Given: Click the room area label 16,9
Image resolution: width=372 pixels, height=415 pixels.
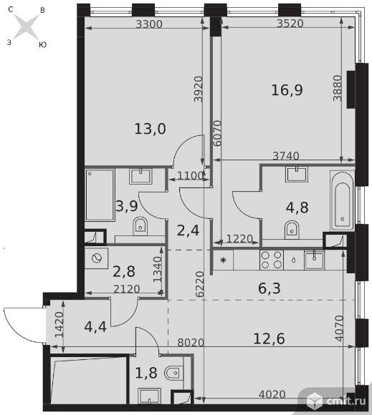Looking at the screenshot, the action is (287, 90).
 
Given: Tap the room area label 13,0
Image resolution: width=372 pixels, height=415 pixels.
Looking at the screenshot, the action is (150, 129).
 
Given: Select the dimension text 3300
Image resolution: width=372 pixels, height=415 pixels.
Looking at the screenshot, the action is (149, 24).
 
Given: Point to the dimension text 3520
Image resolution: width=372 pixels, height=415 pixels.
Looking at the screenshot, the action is (290, 24).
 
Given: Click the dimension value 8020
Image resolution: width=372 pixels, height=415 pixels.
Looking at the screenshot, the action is (191, 343).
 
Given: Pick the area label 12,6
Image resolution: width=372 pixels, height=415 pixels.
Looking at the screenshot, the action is (269, 338).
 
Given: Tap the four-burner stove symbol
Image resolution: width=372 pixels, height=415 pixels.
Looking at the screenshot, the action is (271, 260).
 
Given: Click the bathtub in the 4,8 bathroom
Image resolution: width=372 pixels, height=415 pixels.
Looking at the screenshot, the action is (343, 200).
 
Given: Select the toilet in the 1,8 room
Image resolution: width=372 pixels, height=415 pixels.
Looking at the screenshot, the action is (174, 373).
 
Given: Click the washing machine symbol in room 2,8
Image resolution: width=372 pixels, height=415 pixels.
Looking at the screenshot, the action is (97, 258).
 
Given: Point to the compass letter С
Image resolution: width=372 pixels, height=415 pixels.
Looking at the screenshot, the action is (11, 9).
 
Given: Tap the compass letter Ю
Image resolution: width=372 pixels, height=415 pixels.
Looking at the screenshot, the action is (43, 45).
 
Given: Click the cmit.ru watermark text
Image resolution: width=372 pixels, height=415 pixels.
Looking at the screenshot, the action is (346, 401).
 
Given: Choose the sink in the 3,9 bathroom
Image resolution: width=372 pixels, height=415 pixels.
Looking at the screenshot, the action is (140, 176).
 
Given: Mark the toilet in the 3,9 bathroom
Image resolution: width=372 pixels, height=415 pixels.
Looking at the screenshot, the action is (140, 226).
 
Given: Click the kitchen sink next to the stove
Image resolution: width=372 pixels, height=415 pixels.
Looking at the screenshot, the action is (314, 260).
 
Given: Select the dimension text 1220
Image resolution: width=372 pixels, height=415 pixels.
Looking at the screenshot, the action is (239, 239).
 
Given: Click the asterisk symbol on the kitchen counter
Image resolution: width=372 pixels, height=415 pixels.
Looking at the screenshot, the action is (223, 260).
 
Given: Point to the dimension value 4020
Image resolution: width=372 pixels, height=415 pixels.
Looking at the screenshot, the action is (272, 394).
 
